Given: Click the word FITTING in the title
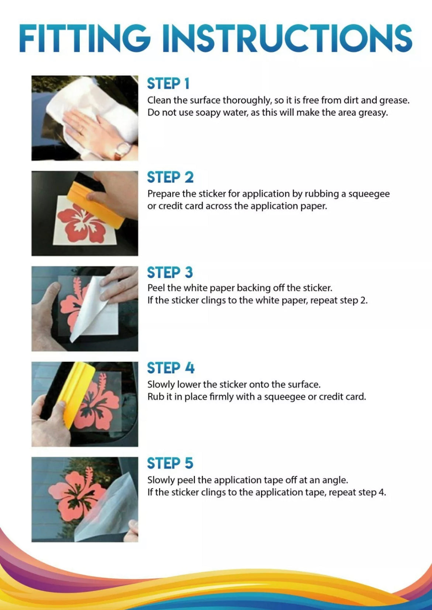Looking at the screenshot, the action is [x=85, y=38].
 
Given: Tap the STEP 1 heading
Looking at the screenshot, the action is [x=168, y=83].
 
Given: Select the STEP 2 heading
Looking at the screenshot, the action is [x=170, y=177].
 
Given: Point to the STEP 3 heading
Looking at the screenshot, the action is [x=170, y=273].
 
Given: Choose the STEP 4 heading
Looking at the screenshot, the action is [x=171, y=368].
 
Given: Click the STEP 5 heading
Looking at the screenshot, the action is [x=170, y=463].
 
